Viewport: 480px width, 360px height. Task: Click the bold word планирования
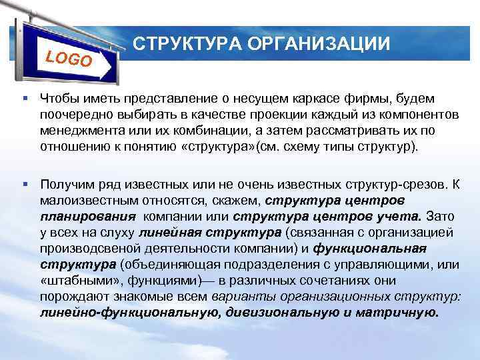coord(88,216)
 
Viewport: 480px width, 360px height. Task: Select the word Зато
coord(438,216)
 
